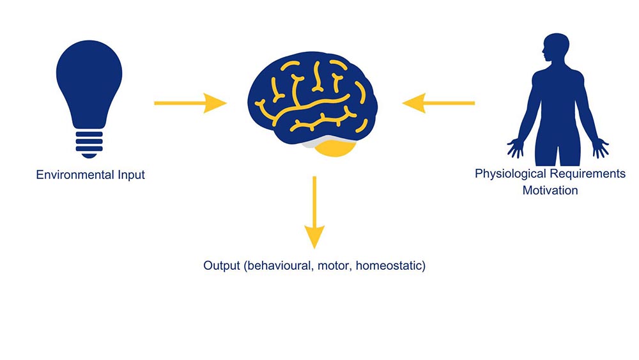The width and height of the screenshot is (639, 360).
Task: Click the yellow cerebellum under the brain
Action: [x=336, y=149]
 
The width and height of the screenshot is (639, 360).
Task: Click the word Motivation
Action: [x=550, y=190]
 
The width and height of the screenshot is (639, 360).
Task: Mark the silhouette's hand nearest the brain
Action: [x=514, y=148]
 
